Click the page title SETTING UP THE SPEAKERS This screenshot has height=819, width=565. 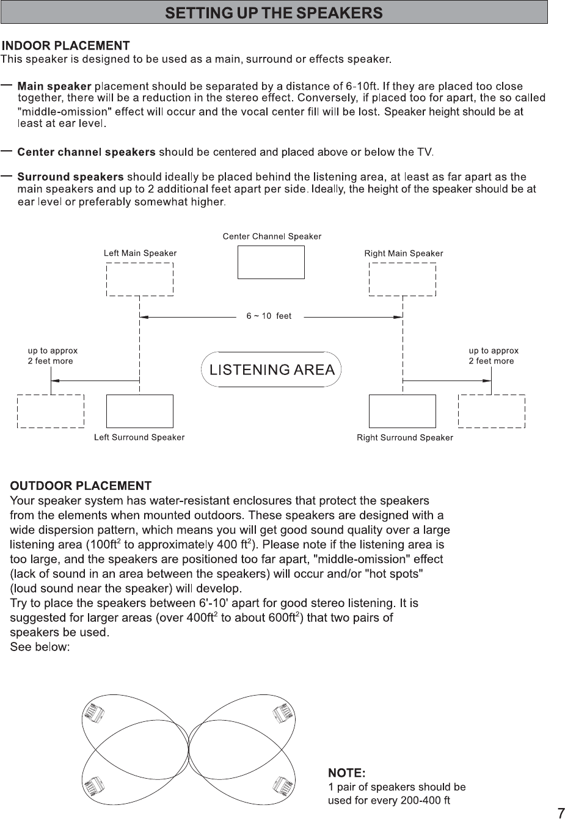274,12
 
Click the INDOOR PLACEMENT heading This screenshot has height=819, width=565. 66,46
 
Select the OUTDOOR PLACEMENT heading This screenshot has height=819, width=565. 81,486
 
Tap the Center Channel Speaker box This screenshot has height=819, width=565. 271,262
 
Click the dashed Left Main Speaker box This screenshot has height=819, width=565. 140,279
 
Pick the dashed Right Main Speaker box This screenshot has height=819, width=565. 403,279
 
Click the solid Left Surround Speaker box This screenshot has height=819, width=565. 140,411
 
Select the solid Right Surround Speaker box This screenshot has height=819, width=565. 403,411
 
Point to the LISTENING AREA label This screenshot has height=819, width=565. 272,369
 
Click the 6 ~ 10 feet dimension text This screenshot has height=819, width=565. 269,316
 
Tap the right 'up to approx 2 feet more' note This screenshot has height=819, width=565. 494,355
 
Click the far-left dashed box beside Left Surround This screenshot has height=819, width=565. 51,411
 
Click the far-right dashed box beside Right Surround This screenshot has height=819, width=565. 492,411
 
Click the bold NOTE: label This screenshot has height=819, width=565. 347,773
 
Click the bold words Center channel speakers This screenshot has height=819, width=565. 86,151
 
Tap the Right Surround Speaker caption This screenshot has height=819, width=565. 405,437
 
